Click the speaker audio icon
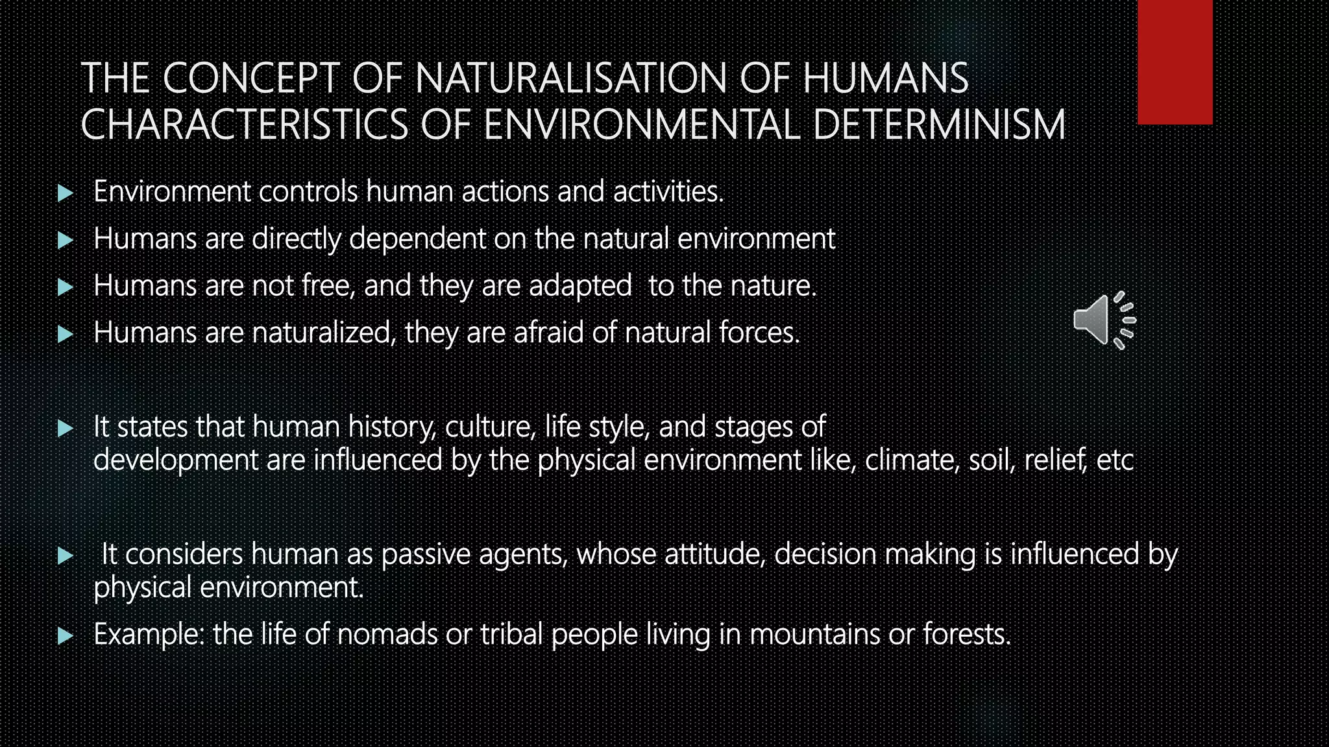pyautogui.click(x=1104, y=320)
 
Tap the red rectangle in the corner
pyautogui.click(x=1175, y=62)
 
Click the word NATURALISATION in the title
pyautogui.click(x=571, y=78)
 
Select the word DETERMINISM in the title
pyautogui.click(x=938, y=125)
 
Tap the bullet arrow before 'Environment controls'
pyautogui.click(x=65, y=193)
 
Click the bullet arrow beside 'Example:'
pyautogui.click(x=65, y=635)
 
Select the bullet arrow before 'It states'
pyautogui.click(x=65, y=428)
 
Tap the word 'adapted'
pyautogui.click(x=580, y=286)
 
